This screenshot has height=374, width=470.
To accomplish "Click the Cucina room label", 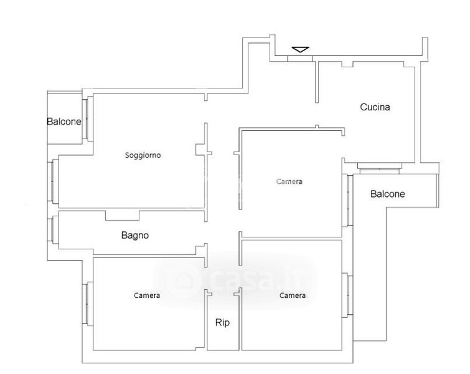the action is (x=375, y=107).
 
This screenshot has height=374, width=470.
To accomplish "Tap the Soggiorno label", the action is (x=143, y=155).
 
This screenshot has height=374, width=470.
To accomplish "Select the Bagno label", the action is (x=135, y=235).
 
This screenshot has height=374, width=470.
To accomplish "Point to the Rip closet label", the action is (x=222, y=323).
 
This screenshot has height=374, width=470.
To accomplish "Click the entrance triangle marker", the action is (x=300, y=49).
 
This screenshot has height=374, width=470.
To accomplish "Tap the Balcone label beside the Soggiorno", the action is (x=64, y=122).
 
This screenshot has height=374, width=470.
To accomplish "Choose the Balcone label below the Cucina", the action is (x=388, y=194).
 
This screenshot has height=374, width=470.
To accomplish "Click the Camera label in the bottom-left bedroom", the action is (x=147, y=295).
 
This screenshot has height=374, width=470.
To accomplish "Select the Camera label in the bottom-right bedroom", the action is (x=293, y=295).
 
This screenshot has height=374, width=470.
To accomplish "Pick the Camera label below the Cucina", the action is (x=289, y=181).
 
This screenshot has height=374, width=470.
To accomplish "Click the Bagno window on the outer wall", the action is (x=54, y=229).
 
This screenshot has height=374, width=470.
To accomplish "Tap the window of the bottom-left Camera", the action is (x=88, y=304).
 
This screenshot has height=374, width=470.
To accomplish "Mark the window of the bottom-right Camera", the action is (x=348, y=295).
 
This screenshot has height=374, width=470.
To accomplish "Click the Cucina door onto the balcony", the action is (x=380, y=169).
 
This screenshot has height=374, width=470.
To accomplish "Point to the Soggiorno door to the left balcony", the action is (x=88, y=118).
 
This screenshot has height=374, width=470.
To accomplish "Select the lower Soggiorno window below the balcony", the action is (x=54, y=181).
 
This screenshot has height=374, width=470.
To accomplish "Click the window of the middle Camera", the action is (x=348, y=200).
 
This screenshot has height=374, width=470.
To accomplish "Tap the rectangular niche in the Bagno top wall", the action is (x=122, y=216).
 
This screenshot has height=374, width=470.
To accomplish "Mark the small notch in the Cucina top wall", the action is (x=347, y=64).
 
